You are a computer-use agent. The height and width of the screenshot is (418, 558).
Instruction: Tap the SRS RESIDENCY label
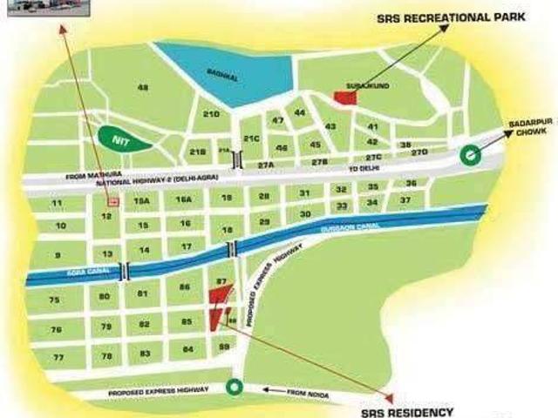point(407,411)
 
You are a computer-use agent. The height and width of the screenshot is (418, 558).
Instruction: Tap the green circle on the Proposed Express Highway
point(233,388)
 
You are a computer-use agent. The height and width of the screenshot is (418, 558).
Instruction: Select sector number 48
point(143,87)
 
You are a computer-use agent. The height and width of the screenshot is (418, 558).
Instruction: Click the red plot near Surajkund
point(346,98)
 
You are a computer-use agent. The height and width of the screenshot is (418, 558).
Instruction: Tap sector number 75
point(54,300)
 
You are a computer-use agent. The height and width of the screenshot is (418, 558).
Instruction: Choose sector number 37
point(405,201)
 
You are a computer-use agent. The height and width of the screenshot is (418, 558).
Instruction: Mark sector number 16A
point(183,199)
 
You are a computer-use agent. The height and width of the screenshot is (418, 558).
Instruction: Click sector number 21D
point(211,114)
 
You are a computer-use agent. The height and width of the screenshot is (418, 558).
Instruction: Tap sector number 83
point(146,353)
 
